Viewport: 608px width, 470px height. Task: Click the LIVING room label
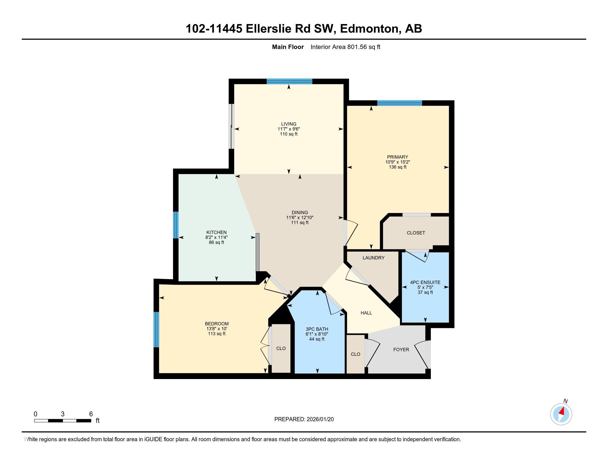point(289,124)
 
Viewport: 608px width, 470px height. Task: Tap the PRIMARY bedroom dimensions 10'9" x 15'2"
point(397,162)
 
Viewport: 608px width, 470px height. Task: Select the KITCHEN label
point(216,232)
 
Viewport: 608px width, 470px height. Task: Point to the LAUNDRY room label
point(373,258)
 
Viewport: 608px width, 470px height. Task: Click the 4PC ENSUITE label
point(425,282)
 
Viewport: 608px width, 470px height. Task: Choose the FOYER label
point(401,349)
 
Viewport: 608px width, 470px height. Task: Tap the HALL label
point(366,313)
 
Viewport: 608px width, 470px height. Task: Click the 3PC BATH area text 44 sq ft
point(317,339)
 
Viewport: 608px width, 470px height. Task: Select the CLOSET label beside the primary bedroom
point(416,233)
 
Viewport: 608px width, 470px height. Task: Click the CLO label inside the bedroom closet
point(281,348)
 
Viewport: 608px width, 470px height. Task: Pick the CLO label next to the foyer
point(355,354)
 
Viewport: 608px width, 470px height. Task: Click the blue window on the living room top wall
point(289,82)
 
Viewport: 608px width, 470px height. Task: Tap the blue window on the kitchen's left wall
point(176,225)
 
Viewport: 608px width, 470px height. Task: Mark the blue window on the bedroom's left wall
point(156,330)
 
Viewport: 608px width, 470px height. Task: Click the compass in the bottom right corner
point(561,414)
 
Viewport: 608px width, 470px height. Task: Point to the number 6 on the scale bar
point(91,414)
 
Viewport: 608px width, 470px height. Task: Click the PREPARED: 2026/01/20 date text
point(304,419)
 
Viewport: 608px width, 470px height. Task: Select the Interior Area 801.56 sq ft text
point(345,47)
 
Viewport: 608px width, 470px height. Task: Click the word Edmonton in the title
point(369,29)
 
